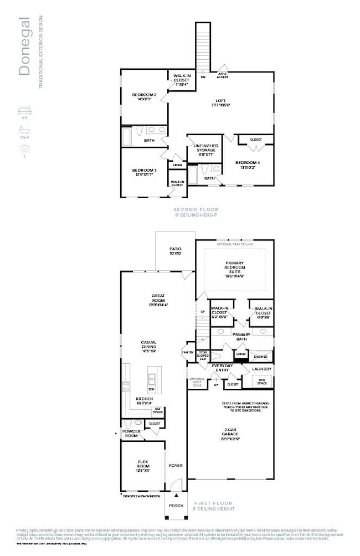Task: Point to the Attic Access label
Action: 222,76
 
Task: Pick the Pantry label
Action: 188,352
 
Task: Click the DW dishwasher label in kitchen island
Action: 151,389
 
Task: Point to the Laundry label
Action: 261,369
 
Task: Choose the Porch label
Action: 176,506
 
